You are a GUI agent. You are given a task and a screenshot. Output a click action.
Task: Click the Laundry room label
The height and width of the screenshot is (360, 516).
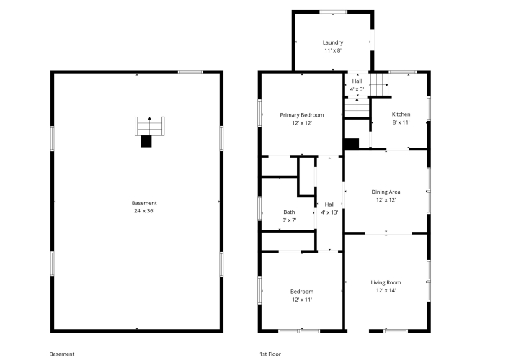(333, 42)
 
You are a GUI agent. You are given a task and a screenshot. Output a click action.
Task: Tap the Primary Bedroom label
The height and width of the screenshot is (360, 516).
(302, 115)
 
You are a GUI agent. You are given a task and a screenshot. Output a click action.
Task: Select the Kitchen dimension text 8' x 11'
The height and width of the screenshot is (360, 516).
(401, 122)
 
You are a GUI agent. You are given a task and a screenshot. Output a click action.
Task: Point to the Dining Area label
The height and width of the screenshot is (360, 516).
(386, 192)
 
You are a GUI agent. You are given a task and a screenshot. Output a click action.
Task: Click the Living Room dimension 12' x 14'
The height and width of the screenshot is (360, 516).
(386, 290)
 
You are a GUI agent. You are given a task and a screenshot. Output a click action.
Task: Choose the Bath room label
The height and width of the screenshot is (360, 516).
(289, 212)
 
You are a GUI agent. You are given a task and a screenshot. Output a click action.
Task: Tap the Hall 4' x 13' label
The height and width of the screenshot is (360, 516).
(329, 208)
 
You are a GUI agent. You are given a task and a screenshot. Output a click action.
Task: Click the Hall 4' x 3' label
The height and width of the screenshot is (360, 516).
(357, 85)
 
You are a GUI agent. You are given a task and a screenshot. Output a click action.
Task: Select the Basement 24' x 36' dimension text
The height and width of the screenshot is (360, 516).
(144, 211)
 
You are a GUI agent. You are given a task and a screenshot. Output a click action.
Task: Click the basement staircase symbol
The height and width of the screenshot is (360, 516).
(149, 126)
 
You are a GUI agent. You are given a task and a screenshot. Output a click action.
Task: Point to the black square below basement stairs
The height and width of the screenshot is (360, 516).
(146, 141)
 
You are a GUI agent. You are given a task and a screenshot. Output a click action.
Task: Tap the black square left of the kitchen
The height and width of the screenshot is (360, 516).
(351, 144)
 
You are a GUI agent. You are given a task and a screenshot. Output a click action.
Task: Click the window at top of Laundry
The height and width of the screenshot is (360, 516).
(334, 12)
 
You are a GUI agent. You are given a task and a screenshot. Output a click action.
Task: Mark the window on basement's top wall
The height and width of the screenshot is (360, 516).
(190, 72)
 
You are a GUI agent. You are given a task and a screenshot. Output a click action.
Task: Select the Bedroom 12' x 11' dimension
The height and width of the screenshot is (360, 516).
(302, 300)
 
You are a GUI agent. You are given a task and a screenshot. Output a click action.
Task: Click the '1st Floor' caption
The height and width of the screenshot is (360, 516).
(270, 354)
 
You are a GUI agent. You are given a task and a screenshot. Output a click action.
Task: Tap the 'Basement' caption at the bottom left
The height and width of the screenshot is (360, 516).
(62, 354)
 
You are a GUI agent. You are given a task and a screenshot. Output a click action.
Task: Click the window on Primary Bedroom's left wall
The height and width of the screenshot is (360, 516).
(259, 113)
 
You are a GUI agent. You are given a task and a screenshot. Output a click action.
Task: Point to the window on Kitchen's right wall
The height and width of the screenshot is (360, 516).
(429, 108)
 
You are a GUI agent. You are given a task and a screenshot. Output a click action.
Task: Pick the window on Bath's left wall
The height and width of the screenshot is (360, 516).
(259, 208)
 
